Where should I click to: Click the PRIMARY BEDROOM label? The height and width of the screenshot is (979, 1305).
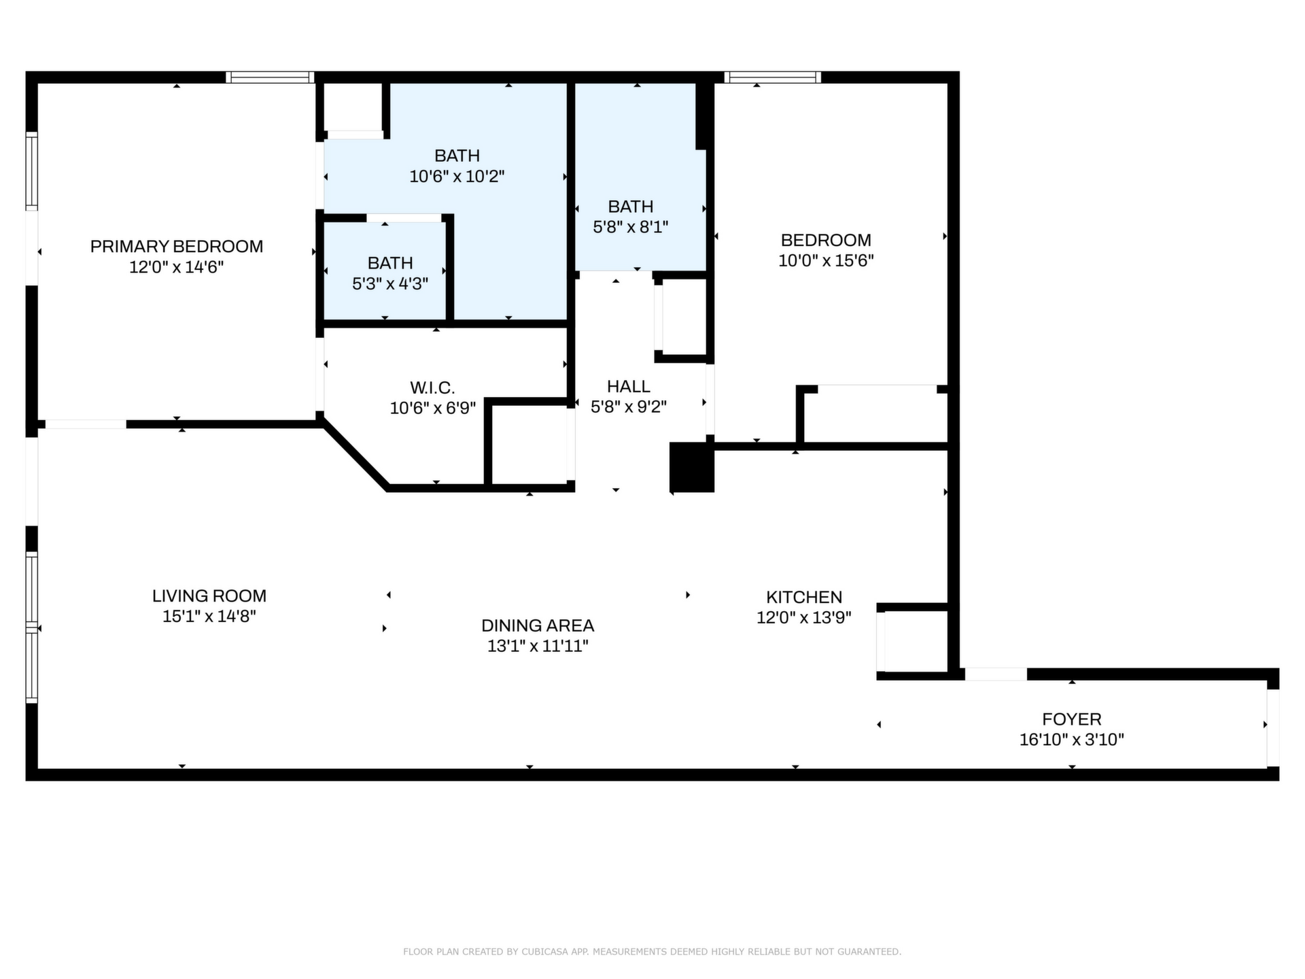pyautogui.click(x=177, y=246)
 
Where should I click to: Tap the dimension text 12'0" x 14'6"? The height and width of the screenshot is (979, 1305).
pyautogui.click(x=177, y=267)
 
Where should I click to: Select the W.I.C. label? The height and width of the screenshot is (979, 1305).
pyautogui.click(x=432, y=388)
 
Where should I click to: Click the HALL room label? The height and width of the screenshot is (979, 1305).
pyautogui.click(x=629, y=386)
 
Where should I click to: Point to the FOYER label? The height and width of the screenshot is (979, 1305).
pyautogui.click(x=1072, y=719)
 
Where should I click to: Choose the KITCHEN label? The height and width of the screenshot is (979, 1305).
pyautogui.click(x=804, y=597)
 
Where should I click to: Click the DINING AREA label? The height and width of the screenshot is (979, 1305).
pyautogui.click(x=538, y=625)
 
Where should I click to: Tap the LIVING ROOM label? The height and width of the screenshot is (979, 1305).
pyautogui.click(x=209, y=596)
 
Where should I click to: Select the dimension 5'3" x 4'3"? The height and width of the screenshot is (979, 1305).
pyautogui.click(x=390, y=284)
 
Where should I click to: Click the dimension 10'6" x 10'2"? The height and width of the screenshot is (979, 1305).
pyautogui.click(x=457, y=177)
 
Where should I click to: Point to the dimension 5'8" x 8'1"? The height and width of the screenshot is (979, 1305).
pyautogui.click(x=631, y=227)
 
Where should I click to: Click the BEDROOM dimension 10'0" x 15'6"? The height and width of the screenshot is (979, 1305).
pyautogui.click(x=826, y=260)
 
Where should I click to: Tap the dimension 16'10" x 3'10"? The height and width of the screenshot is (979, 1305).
pyautogui.click(x=1072, y=740)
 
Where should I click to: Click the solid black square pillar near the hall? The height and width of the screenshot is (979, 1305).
pyautogui.click(x=692, y=467)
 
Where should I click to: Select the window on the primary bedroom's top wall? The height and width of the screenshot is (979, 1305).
pyautogui.click(x=270, y=78)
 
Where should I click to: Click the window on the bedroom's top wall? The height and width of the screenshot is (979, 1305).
pyautogui.click(x=773, y=78)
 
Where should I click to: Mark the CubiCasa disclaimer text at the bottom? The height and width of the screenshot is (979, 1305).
pyautogui.click(x=652, y=952)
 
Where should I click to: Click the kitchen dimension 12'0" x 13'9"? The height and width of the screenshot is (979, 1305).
pyautogui.click(x=804, y=617)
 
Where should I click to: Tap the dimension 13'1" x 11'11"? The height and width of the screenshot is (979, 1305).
pyautogui.click(x=538, y=646)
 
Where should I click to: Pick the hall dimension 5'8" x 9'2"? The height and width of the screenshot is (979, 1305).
pyautogui.click(x=629, y=407)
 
